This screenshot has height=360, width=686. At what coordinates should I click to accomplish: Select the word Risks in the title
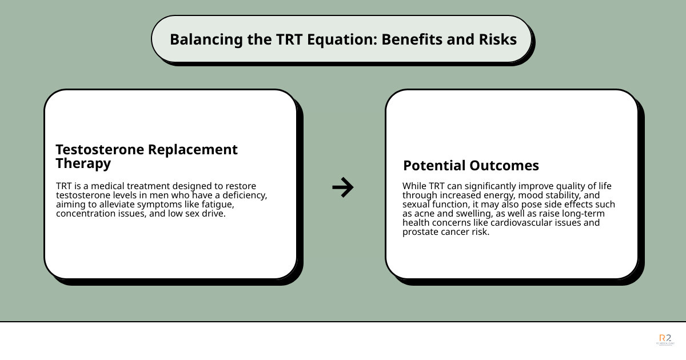(497, 39)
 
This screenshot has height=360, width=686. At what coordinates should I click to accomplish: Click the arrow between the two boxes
(343, 187)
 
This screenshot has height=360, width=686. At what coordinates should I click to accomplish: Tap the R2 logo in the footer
(665, 339)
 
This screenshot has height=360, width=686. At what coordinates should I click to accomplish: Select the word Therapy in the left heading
(83, 163)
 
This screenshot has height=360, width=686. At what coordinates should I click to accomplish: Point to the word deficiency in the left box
(244, 195)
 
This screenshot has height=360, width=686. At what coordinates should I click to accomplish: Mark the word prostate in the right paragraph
(420, 232)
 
